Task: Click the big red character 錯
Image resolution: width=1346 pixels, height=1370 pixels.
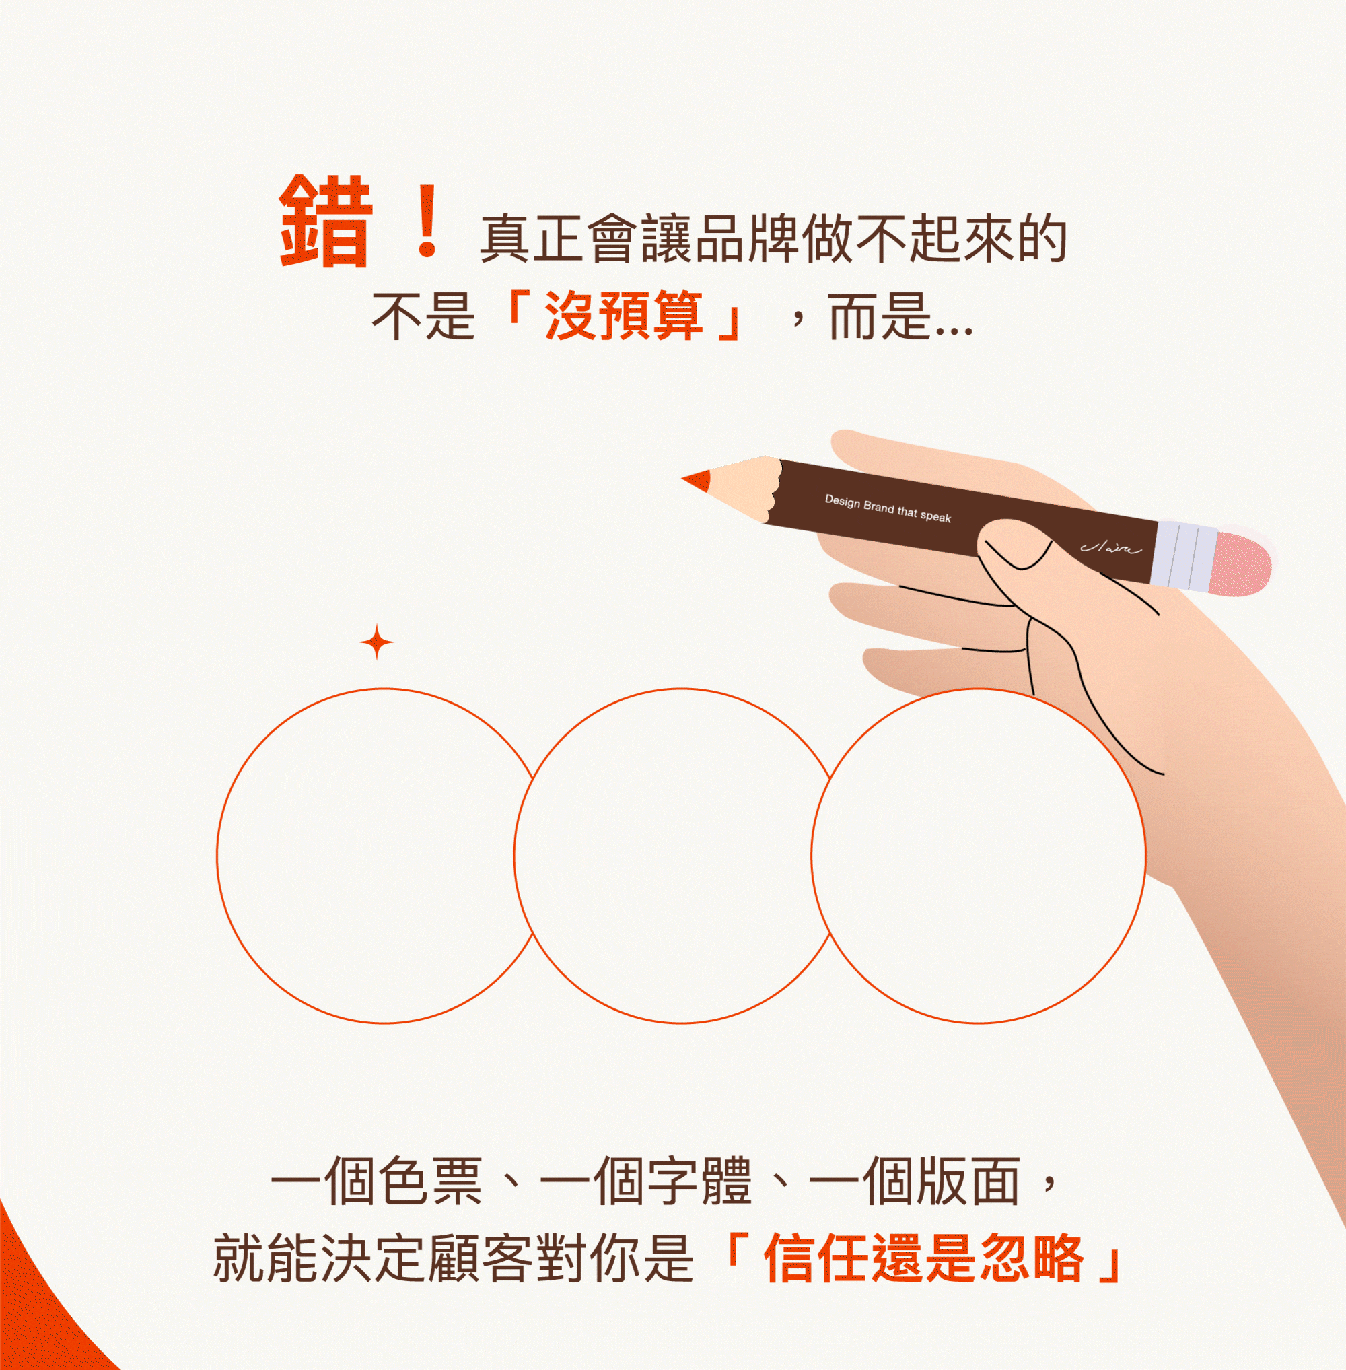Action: tap(326, 221)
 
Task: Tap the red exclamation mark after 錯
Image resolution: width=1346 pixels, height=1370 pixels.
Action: tap(427, 221)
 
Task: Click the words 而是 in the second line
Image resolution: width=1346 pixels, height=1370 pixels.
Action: tap(879, 316)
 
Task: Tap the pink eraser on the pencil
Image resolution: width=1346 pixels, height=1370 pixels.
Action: tap(1242, 563)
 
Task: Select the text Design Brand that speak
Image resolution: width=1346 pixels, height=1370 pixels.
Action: tap(888, 509)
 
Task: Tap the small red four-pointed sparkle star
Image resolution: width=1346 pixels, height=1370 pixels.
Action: tap(377, 642)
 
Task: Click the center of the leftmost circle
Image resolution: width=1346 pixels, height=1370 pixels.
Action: tap(384, 856)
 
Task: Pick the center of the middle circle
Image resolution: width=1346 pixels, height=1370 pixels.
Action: tap(682, 856)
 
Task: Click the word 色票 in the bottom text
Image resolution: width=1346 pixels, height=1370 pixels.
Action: tap(431, 1182)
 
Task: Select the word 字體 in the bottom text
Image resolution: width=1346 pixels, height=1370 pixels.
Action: tap(700, 1182)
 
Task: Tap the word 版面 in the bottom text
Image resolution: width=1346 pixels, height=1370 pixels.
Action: tap(968, 1182)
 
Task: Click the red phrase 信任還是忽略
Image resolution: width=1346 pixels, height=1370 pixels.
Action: tap(923, 1260)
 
